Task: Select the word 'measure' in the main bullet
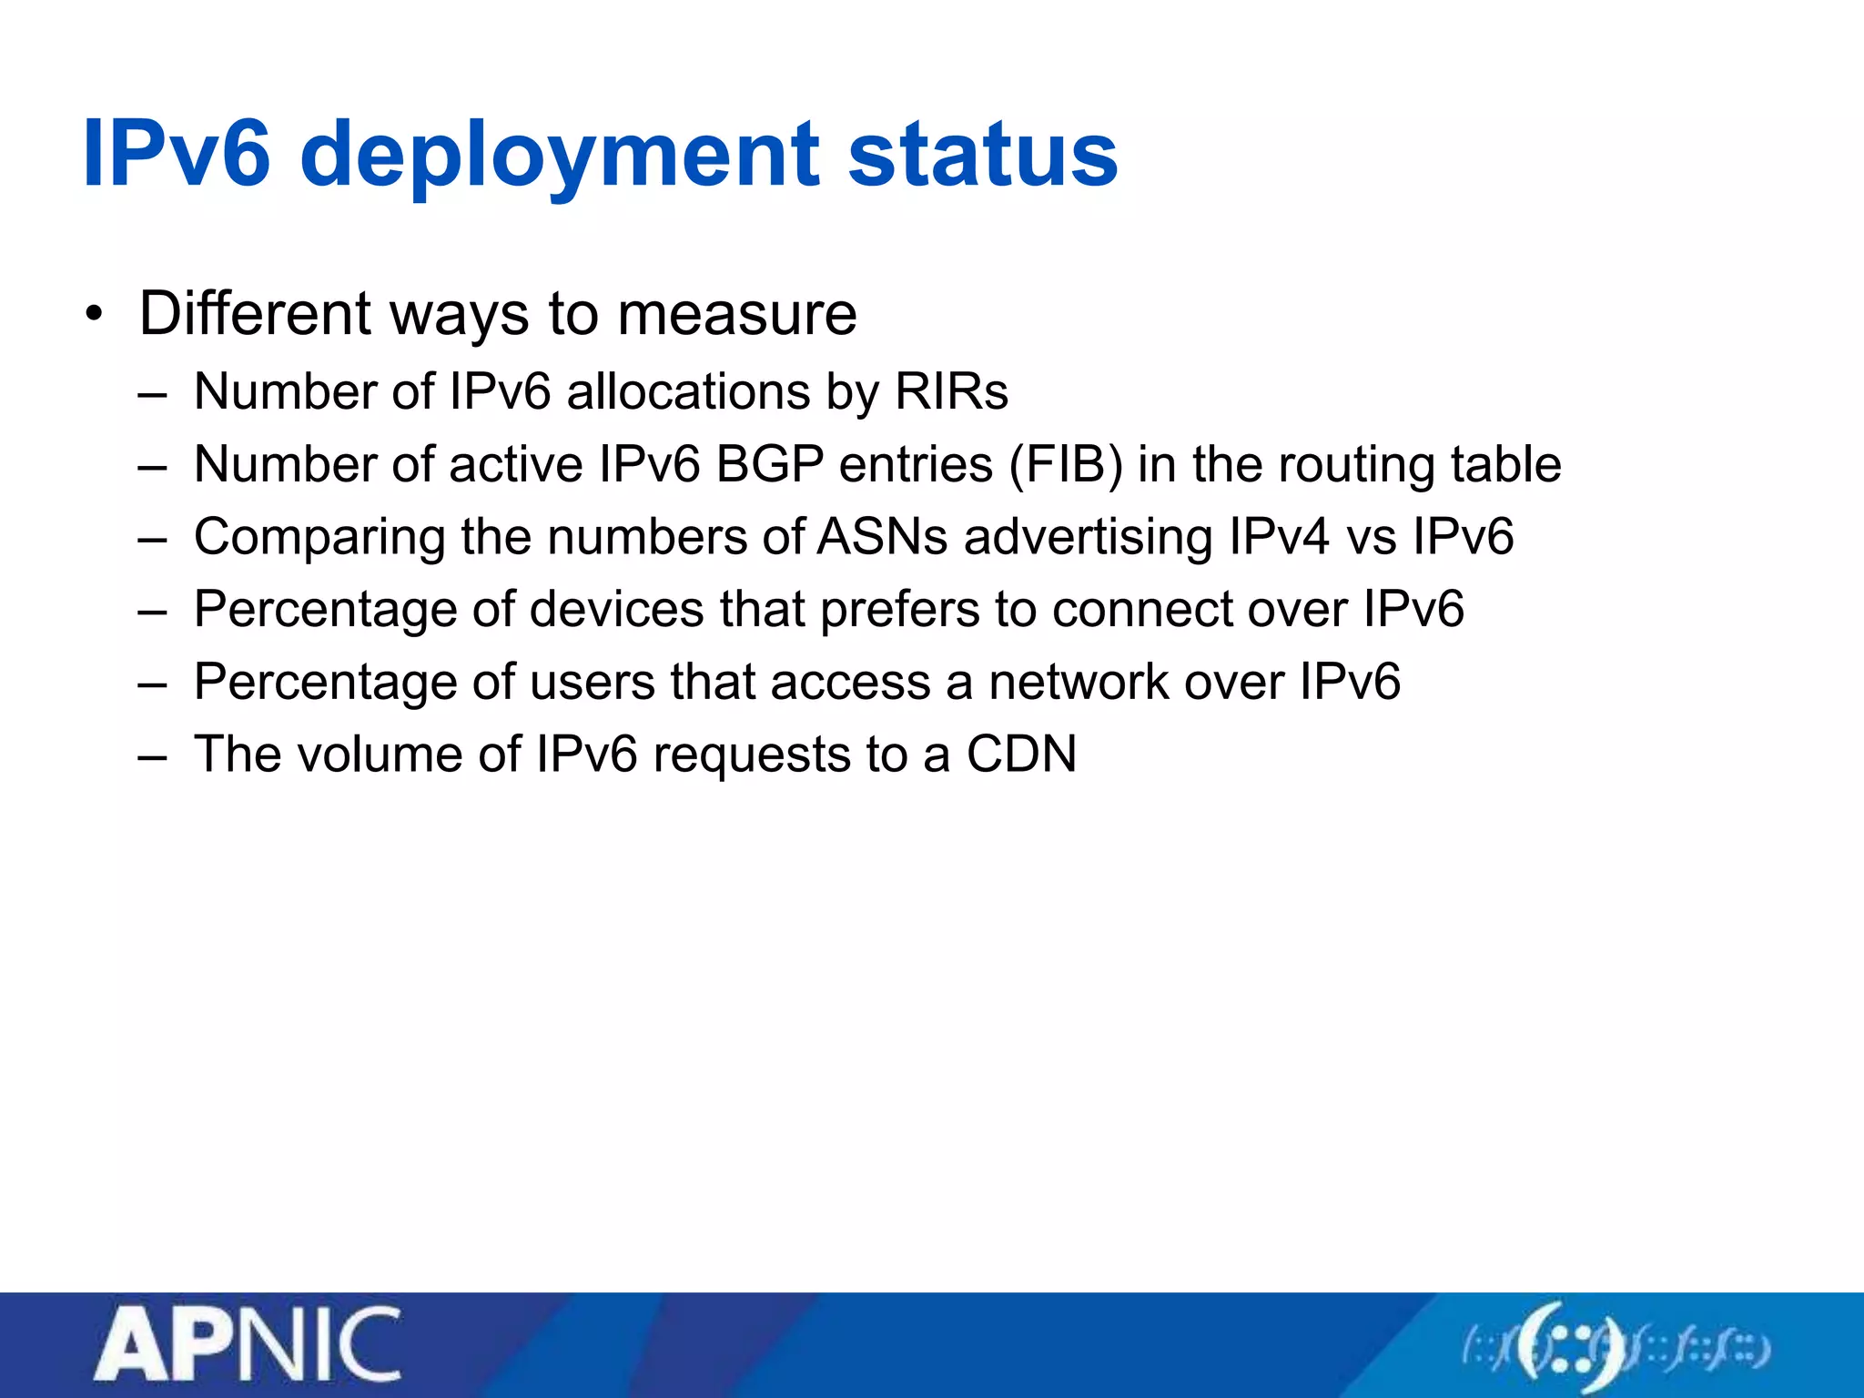(x=736, y=314)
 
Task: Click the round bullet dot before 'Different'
(x=93, y=315)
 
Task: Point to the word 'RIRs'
(x=951, y=392)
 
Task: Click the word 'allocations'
(x=688, y=392)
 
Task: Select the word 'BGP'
(x=770, y=465)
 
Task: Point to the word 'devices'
(x=616, y=610)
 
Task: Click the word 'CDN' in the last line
(x=1021, y=755)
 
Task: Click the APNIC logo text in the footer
(x=248, y=1344)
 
